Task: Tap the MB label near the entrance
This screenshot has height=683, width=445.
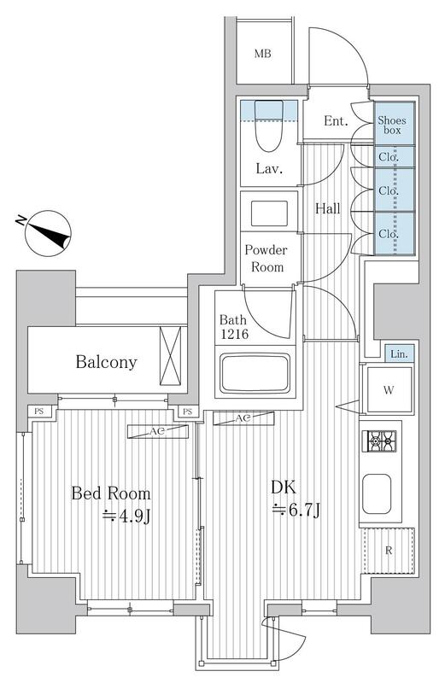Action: coord(263,55)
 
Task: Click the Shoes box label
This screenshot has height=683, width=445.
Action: coord(394,126)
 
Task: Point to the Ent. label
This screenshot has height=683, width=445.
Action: coord(336,122)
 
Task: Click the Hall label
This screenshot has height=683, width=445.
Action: coord(327,207)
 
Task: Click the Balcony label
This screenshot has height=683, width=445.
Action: coord(106,362)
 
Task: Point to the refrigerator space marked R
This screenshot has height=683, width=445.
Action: coord(389,550)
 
